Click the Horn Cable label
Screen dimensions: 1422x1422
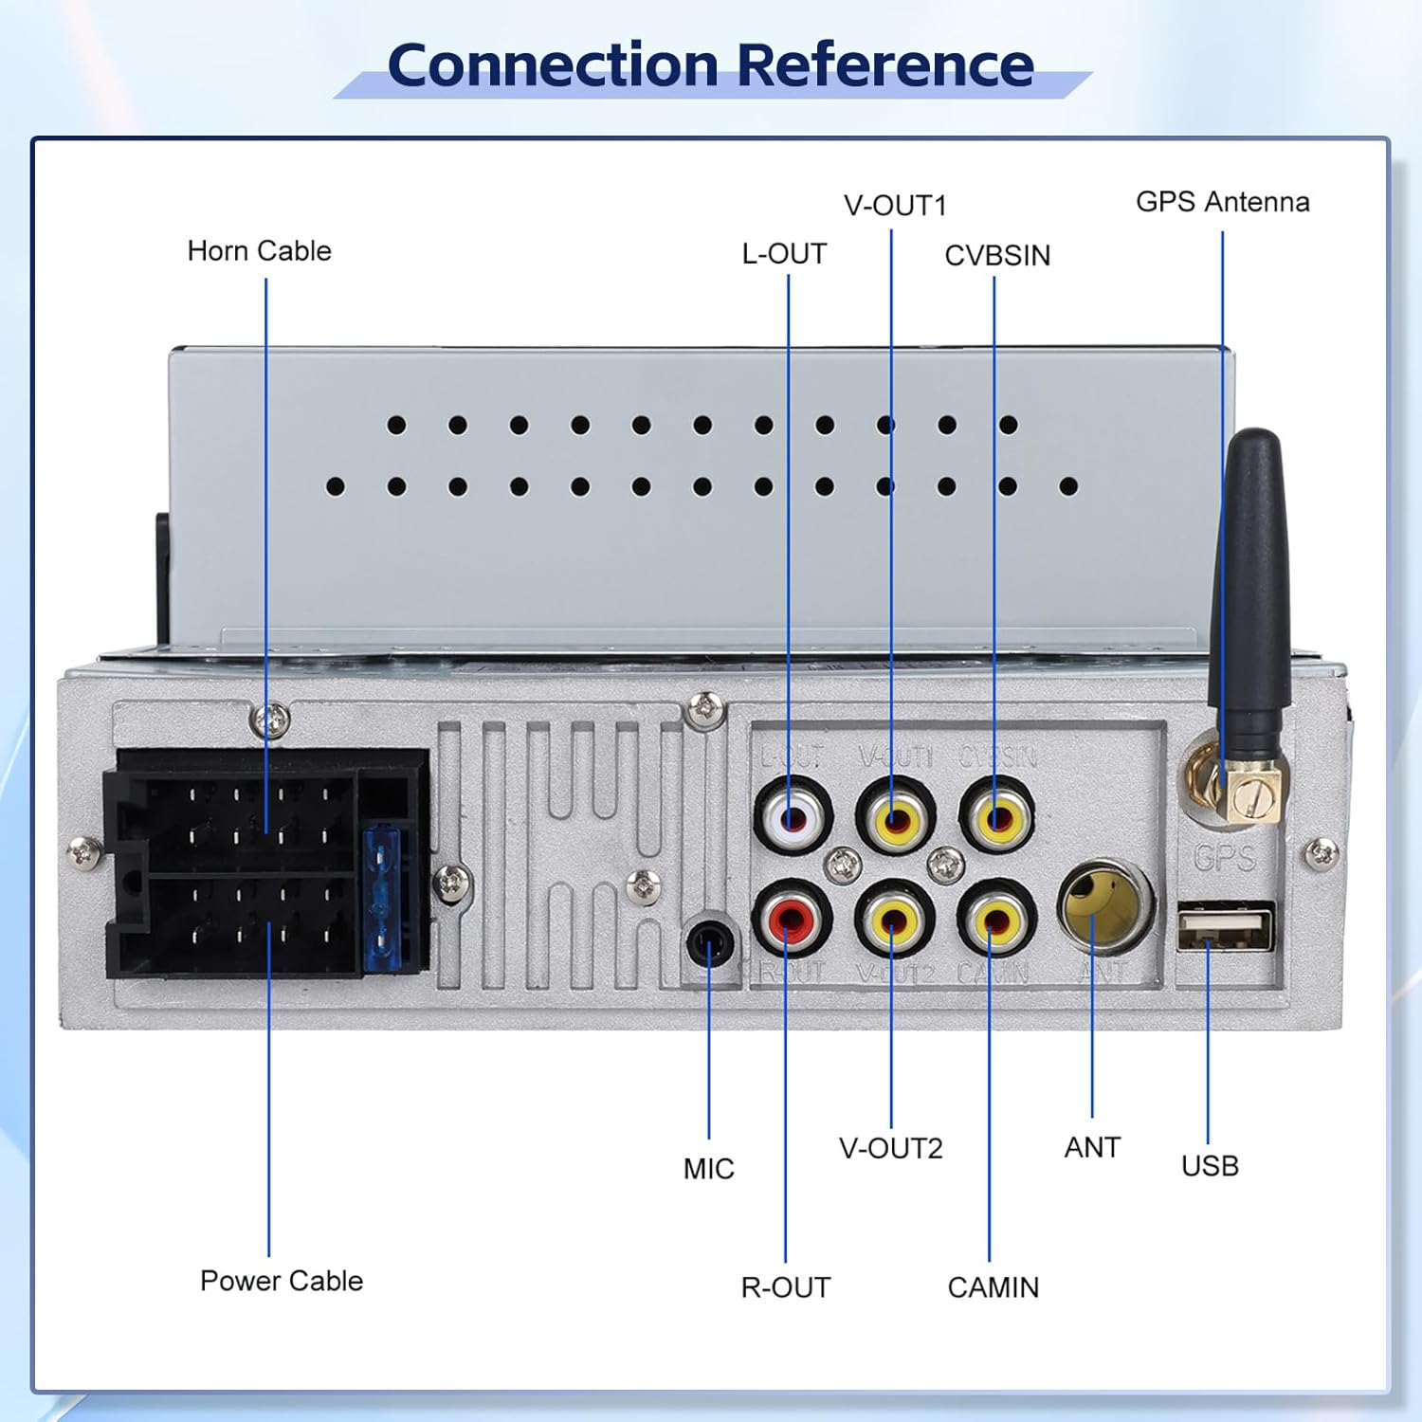click(259, 251)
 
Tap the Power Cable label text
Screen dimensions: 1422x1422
click(282, 1281)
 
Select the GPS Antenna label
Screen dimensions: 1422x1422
click(1222, 202)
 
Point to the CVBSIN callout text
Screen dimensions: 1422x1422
click(997, 256)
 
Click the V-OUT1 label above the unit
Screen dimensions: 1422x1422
click(895, 206)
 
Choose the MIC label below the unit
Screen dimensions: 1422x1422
click(708, 1169)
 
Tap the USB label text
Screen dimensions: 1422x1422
click(1210, 1166)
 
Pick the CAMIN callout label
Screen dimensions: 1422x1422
click(993, 1287)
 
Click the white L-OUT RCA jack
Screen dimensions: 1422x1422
click(793, 815)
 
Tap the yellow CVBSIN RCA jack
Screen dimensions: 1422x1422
click(996, 815)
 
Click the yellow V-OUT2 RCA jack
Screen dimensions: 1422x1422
click(894, 917)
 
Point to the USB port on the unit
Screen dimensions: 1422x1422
click(1225, 926)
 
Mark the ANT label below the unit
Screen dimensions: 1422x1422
click(1092, 1148)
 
